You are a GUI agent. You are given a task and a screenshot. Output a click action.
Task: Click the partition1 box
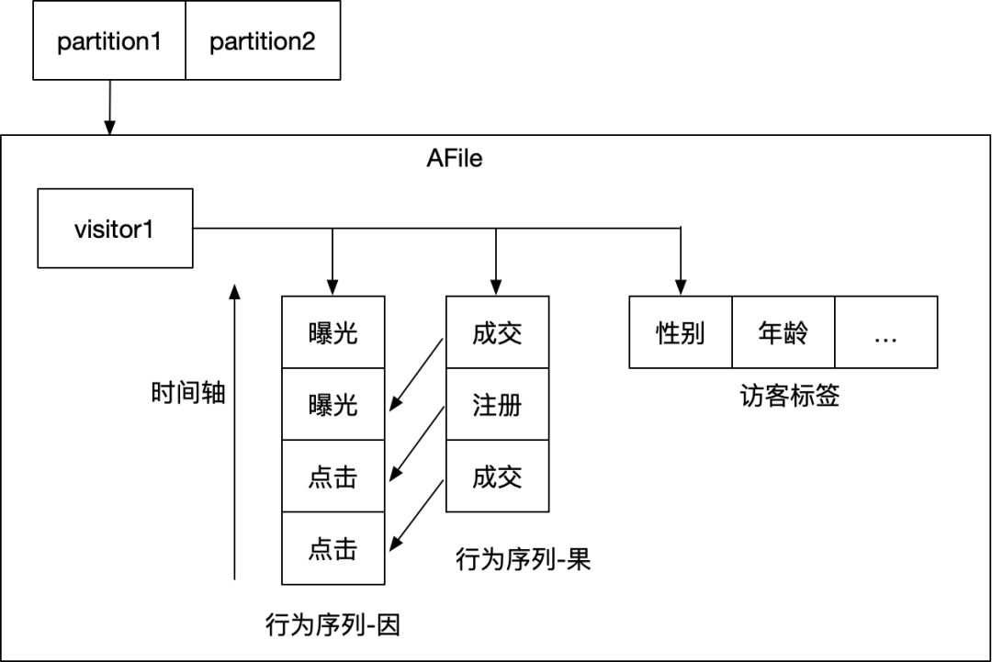109,41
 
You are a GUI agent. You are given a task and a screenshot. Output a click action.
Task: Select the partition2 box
263,41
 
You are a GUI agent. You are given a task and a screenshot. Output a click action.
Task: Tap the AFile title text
455,158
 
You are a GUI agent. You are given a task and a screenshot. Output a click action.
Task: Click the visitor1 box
115,228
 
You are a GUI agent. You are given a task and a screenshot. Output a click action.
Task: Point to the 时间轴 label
188,394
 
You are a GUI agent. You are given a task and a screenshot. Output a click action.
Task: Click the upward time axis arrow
235,432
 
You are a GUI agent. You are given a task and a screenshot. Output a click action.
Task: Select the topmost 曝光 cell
333,332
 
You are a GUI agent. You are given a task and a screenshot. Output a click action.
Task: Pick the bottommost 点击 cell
333,549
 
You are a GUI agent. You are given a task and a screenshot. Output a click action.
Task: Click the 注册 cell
497,405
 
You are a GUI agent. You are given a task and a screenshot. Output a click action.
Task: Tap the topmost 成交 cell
497,332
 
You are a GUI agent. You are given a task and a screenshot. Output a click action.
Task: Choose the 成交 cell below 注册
497,477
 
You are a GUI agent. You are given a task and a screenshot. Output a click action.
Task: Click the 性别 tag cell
681,332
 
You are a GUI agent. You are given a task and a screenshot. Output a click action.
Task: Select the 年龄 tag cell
783,332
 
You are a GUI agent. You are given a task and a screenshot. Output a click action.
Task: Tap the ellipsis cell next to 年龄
885,332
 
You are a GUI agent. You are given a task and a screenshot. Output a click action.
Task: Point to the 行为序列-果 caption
523,559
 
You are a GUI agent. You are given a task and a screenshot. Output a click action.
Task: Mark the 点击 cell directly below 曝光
333,477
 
